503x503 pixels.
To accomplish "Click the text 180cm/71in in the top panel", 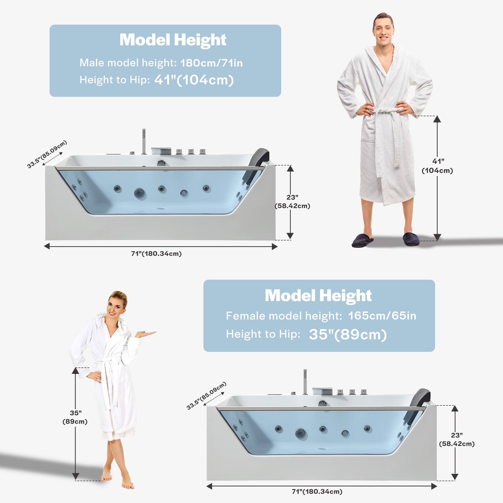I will point(211,63).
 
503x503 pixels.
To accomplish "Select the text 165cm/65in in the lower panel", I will point(382,316).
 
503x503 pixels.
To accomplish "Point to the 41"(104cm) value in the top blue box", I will point(194,80).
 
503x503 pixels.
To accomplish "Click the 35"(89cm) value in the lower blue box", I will point(348,334).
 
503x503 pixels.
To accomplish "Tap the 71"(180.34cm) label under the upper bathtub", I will point(156,254).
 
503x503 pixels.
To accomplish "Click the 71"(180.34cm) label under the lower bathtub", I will point(317,491).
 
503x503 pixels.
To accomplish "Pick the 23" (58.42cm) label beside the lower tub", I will point(457,439).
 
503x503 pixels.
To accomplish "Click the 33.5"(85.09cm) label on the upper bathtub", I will point(47,154).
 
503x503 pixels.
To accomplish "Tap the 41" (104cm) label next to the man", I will point(437,166).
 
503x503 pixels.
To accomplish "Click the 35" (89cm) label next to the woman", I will point(75,417).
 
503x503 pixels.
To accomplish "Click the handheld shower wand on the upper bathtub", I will point(144,141).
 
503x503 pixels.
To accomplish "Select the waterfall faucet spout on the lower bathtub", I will point(322,391).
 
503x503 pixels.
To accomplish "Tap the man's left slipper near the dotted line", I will point(411,239).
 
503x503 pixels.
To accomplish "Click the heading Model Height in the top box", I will point(173,40).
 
